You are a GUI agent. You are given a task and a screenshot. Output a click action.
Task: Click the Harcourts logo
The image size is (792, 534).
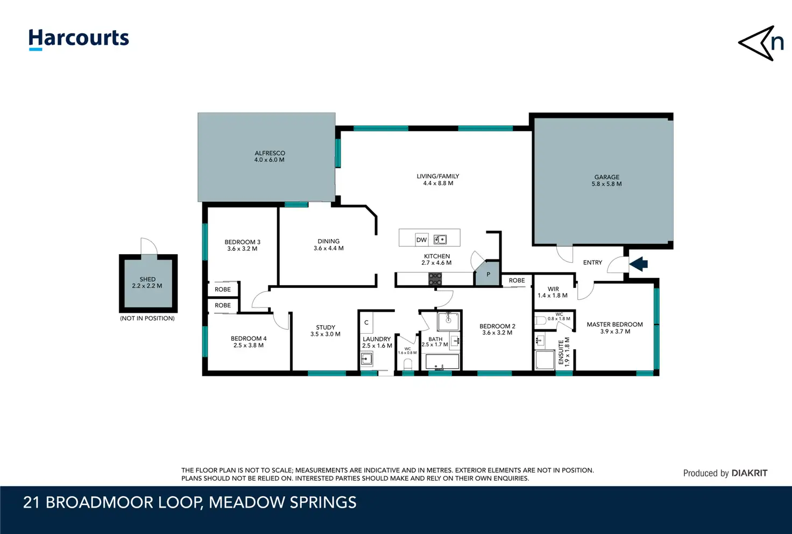pyautogui.click(x=79, y=39)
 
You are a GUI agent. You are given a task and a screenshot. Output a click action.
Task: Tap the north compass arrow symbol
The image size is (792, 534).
pyautogui.click(x=760, y=43)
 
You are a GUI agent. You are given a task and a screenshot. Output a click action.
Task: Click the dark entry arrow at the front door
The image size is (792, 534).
pyautogui.click(x=638, y=264)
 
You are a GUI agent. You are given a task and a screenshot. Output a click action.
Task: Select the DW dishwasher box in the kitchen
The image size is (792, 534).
pyautogui.click(x=421, y=240)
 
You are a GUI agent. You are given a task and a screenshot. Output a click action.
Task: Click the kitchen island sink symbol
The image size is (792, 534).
pyautogui.click(x=440, y=240)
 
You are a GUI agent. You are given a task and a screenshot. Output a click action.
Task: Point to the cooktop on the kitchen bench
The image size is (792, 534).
pyautogui.click(x=435, y=279)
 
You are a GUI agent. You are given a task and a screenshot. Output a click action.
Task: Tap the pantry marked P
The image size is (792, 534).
pyautogui.click(x=487, y=273)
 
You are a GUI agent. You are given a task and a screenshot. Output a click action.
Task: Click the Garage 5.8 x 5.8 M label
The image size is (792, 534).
pyautogui.click(x=607, y=180)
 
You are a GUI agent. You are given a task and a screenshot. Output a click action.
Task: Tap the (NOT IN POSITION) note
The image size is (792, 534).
pyautogui.click(x=147, y=318)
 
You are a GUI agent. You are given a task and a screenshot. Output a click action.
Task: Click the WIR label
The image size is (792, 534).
pyautogui.click(x=553, y=289)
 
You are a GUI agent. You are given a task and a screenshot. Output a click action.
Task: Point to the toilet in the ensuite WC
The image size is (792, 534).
pyautogui.click(x=541, y=321)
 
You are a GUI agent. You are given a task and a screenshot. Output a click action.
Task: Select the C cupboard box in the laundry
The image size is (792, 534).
pyautogui.click(x=366, y=322)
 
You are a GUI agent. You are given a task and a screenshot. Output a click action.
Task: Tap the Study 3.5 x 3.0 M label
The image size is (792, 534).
pyautogui.click(x=326, y=331)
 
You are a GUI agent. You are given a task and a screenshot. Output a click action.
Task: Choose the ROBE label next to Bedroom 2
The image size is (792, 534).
pyautogui.click(x=517, y=280)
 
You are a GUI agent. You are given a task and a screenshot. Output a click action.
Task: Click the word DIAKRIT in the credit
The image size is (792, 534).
pyautogui.click(x=749, y=473)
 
